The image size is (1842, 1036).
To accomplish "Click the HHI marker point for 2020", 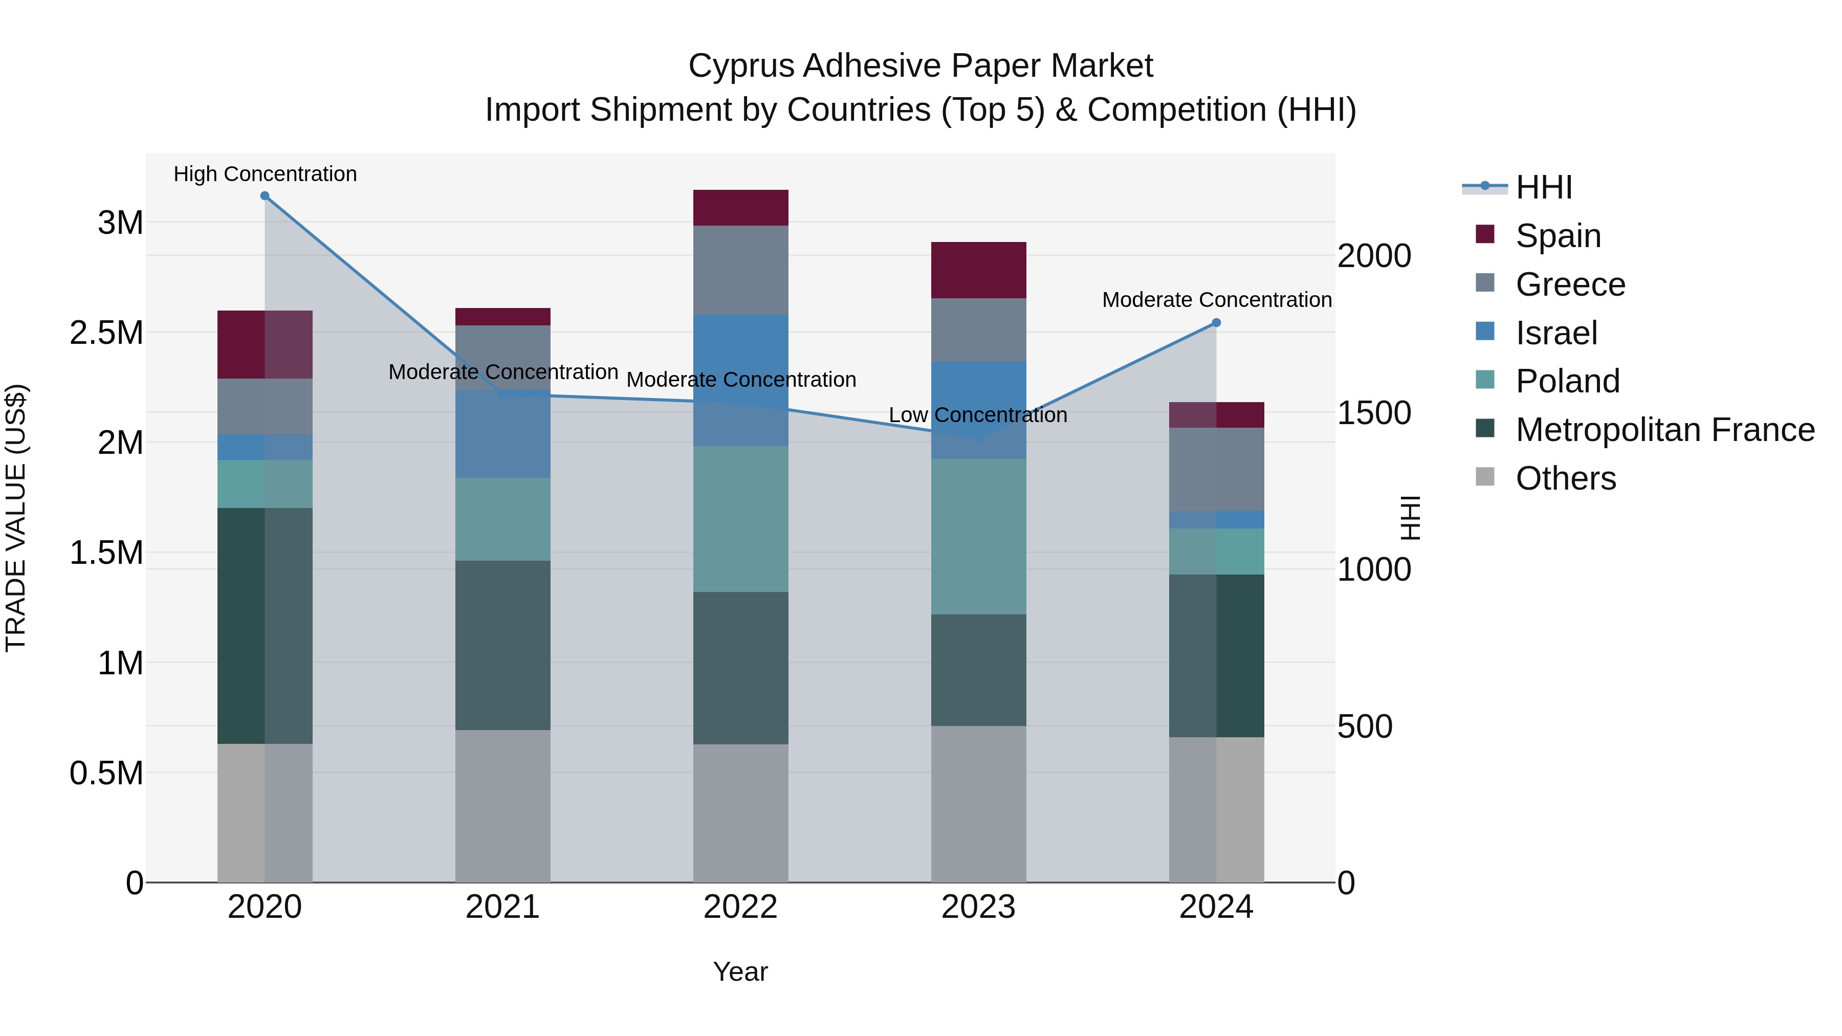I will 265,196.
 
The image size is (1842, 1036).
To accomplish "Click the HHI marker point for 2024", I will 1216,322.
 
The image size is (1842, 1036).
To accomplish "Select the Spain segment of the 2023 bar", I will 978,270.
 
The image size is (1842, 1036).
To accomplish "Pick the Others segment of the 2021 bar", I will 502,806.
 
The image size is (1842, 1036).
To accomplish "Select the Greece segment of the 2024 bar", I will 1216,469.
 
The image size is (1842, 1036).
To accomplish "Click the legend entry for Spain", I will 1558,236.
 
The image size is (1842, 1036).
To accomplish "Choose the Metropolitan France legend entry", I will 1664,430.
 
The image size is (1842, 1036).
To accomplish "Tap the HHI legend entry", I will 1543,187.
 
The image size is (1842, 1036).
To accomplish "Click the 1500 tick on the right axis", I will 1374,413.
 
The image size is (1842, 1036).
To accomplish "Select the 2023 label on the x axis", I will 978,907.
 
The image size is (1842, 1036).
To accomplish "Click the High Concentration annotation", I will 265,174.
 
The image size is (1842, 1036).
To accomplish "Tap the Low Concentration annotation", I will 977,415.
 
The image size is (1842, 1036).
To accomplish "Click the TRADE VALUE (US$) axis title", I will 16,518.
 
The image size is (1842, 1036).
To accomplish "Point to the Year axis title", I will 740,972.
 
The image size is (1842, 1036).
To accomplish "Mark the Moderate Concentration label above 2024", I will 1216,300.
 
